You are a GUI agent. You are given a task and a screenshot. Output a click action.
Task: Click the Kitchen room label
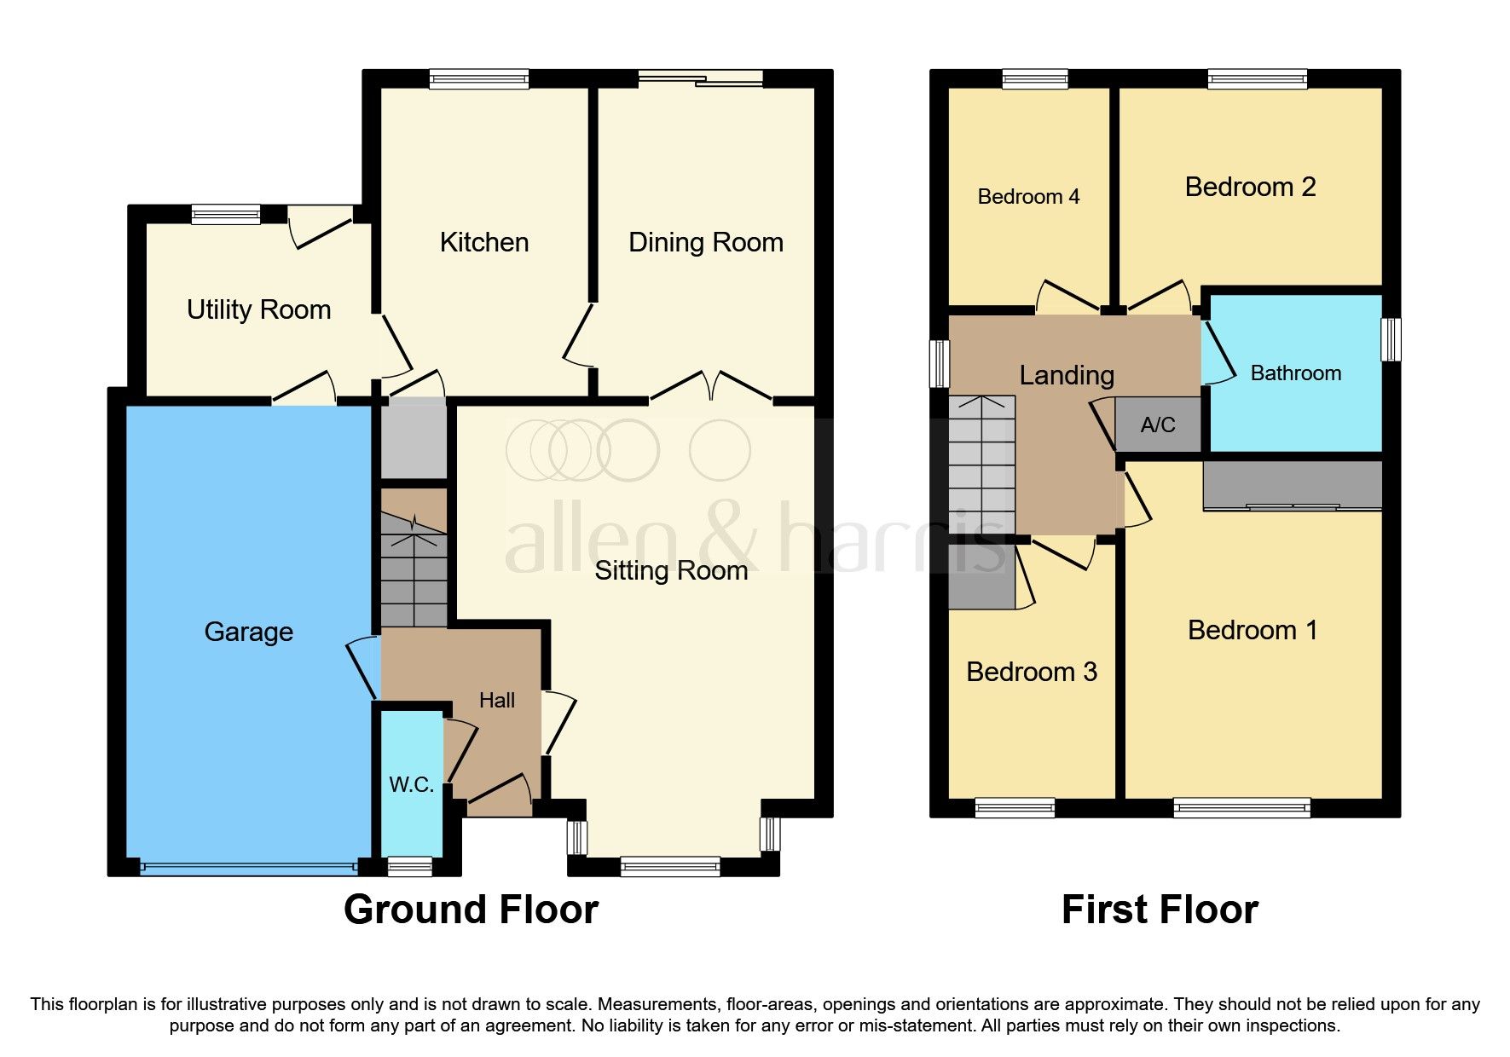click(484, 242)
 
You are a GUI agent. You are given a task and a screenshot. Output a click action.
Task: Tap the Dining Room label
click(705, 242)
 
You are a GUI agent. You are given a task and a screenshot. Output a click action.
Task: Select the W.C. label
click(412, 785)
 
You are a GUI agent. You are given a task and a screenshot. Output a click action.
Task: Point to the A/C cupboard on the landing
click(1157, 425)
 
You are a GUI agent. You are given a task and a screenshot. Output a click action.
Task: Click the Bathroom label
click(1295, 373)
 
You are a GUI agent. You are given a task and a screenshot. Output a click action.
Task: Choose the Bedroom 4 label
click(1028, 197)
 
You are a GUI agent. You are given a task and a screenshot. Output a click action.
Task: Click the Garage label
click(248, 632)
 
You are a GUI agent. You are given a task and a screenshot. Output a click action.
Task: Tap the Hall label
click(496, 701)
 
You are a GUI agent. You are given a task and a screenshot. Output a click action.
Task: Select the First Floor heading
click(1159, 910)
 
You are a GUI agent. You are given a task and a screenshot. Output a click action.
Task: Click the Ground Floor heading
click(471, 910)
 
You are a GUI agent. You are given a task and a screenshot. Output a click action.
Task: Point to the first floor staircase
click(982, 465)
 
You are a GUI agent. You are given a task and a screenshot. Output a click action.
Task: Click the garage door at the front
click(248, 868)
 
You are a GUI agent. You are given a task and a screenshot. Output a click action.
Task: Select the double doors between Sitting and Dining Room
click(711, 387)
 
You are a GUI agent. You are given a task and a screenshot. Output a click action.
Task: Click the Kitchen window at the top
click(479, 79)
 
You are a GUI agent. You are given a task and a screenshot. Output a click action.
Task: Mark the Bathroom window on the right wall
click(1390, 339)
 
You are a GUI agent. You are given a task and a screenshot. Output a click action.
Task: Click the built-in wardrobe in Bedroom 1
click(1292, 485)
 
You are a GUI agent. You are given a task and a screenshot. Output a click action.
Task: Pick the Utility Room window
click(226, 214)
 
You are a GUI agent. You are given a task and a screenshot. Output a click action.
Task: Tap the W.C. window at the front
click(410, 867)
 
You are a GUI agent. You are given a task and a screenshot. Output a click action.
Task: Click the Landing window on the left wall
click(940, 363)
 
